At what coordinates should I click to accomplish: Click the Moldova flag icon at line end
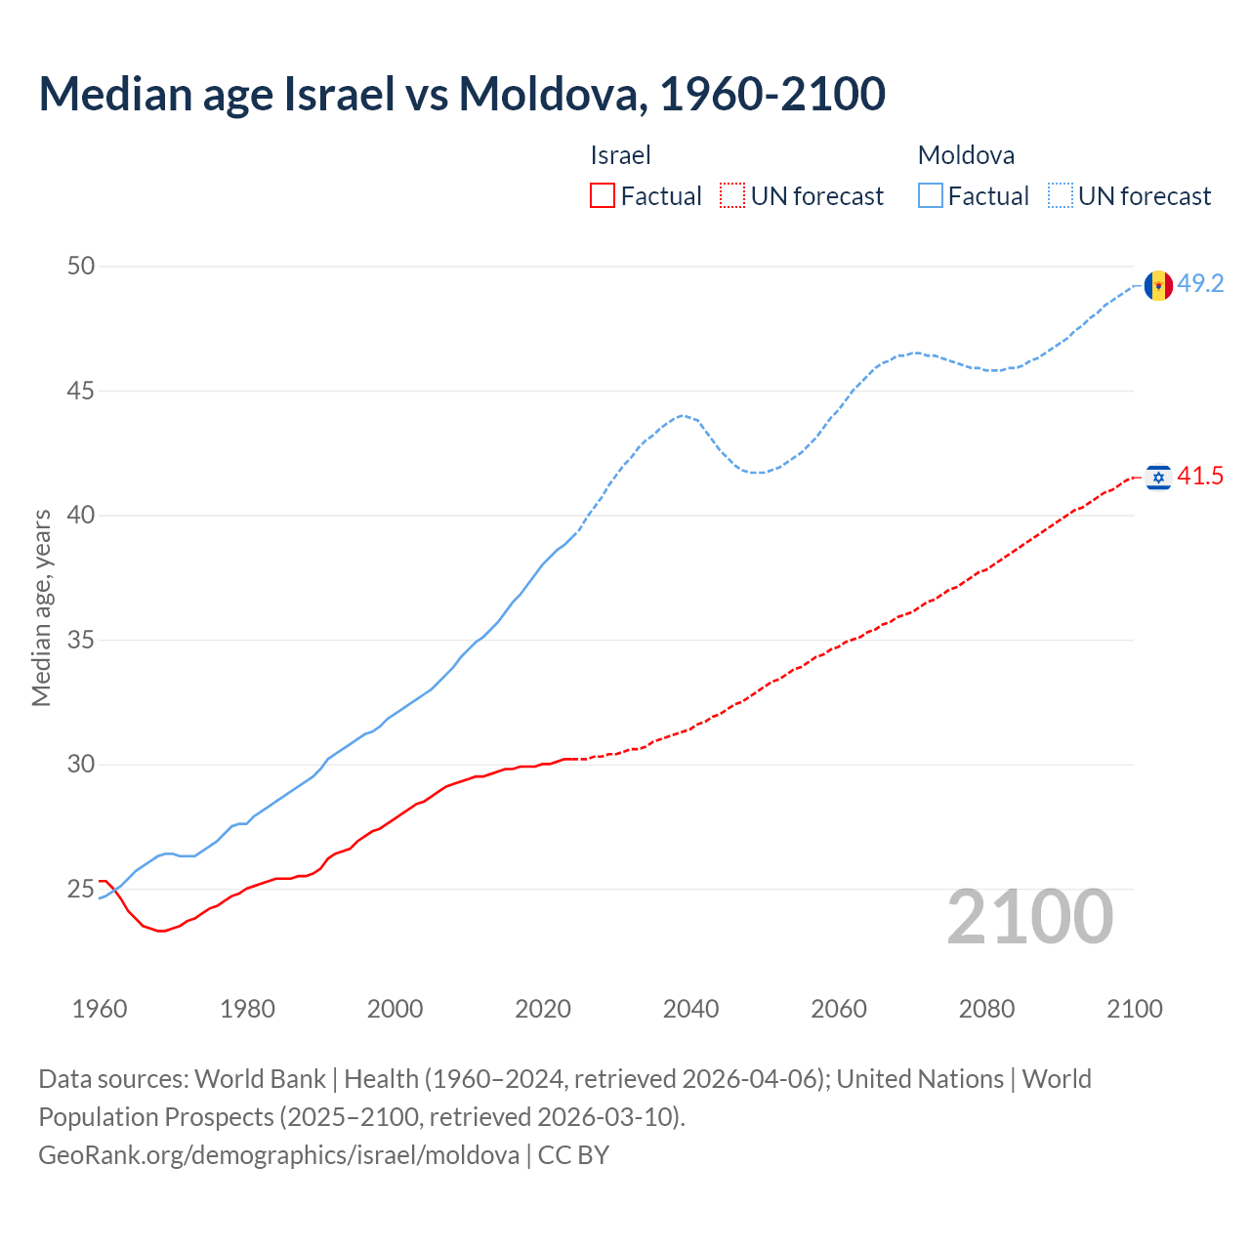tap(1158, 285)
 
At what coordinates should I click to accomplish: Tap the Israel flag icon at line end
tap(1158, 477)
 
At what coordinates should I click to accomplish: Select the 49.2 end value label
tap(1200, 284)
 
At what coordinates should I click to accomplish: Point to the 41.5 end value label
tap(1200, 477)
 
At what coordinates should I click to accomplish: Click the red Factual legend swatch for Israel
tap(603, 196)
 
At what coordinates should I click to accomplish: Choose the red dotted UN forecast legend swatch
tap(732, 196)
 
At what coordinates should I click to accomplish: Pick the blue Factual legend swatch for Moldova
tap(931, 196)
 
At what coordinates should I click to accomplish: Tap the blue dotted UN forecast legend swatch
tap(1061, 196)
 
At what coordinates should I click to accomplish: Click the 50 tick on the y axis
tap(81, 267)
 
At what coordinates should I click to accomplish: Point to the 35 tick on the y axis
tap(81, 641)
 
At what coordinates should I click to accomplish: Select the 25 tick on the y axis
tap(81, 890)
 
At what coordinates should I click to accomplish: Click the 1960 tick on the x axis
tap(100, 1009)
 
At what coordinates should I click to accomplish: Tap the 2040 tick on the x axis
tap(690, 1009)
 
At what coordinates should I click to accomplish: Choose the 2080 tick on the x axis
tap(986, 1009)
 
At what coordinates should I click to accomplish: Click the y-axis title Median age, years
tap(41, 607)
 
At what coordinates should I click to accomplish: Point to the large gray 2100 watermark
tap(1029, 917)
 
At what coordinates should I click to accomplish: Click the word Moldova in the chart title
tap(550, 94)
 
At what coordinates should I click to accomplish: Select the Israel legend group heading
tap(620, 155)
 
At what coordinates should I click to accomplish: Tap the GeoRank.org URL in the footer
tap(278, 1155)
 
